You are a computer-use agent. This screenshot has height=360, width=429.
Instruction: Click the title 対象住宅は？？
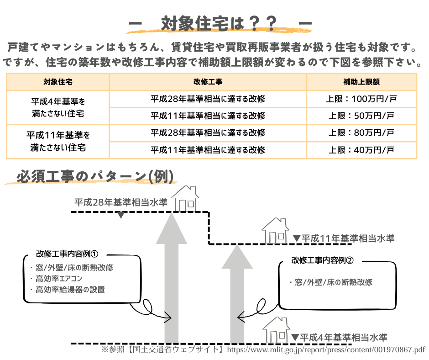point(219,24)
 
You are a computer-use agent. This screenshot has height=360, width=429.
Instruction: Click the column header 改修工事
point(208,82)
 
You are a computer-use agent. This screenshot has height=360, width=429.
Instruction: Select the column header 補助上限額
point(361,82)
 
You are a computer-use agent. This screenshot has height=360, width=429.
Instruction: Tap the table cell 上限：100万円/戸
point(361,99)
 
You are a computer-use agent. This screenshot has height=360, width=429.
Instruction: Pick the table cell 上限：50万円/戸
point(361,116)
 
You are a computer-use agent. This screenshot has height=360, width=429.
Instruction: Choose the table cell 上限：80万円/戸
point(361,133)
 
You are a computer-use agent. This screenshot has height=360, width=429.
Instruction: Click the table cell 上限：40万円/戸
point(361,150)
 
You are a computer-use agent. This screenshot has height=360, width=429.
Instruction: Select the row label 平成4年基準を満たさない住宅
point(58,107)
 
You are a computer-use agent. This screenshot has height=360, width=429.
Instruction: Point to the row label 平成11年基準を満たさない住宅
point(58,141)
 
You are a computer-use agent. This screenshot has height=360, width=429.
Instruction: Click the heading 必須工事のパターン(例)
point(95,177)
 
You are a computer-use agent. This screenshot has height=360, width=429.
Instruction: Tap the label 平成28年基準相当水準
point(121,202)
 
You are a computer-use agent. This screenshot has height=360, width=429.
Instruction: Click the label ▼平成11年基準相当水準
point(343,238)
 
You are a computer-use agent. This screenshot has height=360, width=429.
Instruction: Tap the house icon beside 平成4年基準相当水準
point(275,330)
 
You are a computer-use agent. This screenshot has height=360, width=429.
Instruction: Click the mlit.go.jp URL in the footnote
point(325,350)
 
